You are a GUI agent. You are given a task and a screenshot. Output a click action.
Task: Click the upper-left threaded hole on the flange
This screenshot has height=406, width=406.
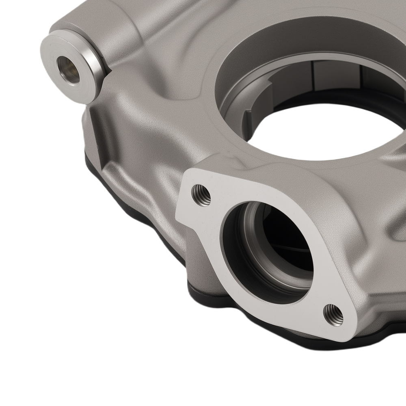(201, 194)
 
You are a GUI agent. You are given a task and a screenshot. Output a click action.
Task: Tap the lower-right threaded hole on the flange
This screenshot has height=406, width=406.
(333, 315)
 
